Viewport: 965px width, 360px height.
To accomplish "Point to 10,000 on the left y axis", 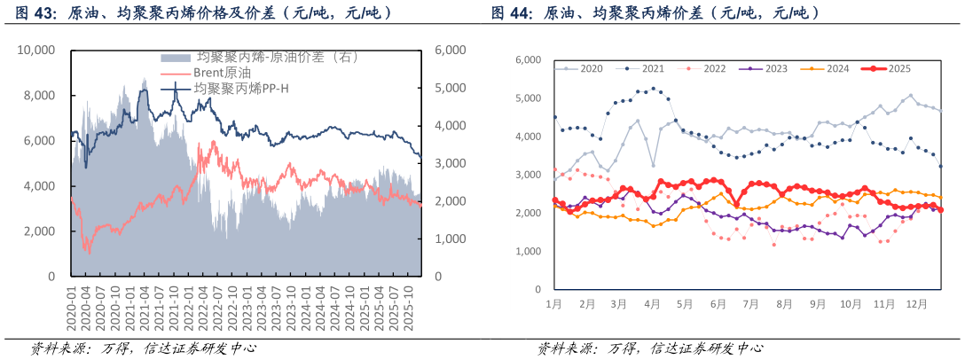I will coord(36,51).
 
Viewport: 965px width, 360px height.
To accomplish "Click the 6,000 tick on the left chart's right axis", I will coord(450,51).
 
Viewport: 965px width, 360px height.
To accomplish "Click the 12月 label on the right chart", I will coord(914,303).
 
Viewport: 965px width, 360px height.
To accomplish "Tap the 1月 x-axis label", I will coord(553,303).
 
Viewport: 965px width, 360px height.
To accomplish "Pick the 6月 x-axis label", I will coord(718,303).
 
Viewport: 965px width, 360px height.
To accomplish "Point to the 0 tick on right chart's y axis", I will coord(537,289).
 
